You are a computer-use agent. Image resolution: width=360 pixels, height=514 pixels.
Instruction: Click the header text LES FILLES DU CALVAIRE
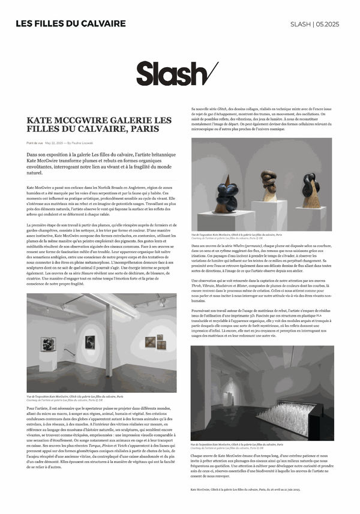[70, 23]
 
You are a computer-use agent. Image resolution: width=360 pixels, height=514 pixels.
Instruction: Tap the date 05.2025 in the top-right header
[331, 23]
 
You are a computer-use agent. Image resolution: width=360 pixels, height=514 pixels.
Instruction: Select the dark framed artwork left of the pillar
[89, 341]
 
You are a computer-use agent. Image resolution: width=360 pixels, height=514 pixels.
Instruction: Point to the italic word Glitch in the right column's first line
[227, 108]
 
